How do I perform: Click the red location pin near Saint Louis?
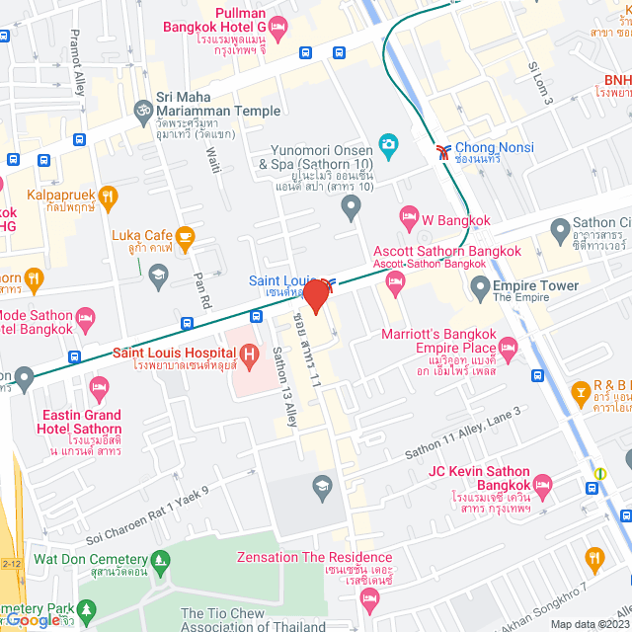pyautogui.click(x=315, y=295)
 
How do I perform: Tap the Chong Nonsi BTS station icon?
pyautogui.click(x=442, y=149)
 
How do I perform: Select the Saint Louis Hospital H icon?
pyautogui.click(x=249, y=353)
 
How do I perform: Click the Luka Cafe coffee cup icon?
pyautogui.click(x=184, y=236)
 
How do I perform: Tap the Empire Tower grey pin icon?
pyautogui.click(x=480, y=288)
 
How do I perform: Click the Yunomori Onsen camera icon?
pyautogui.click(x=388, y=145)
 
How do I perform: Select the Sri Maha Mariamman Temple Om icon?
pyautogui.click(x=142, y=103)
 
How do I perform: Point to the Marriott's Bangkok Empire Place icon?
pyautogui.click(x=508, y=348)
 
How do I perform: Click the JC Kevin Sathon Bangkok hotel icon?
pyautogui.click(x=541, y=485)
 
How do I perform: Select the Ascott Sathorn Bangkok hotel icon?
pyautogui.click(x=396, y=283)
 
